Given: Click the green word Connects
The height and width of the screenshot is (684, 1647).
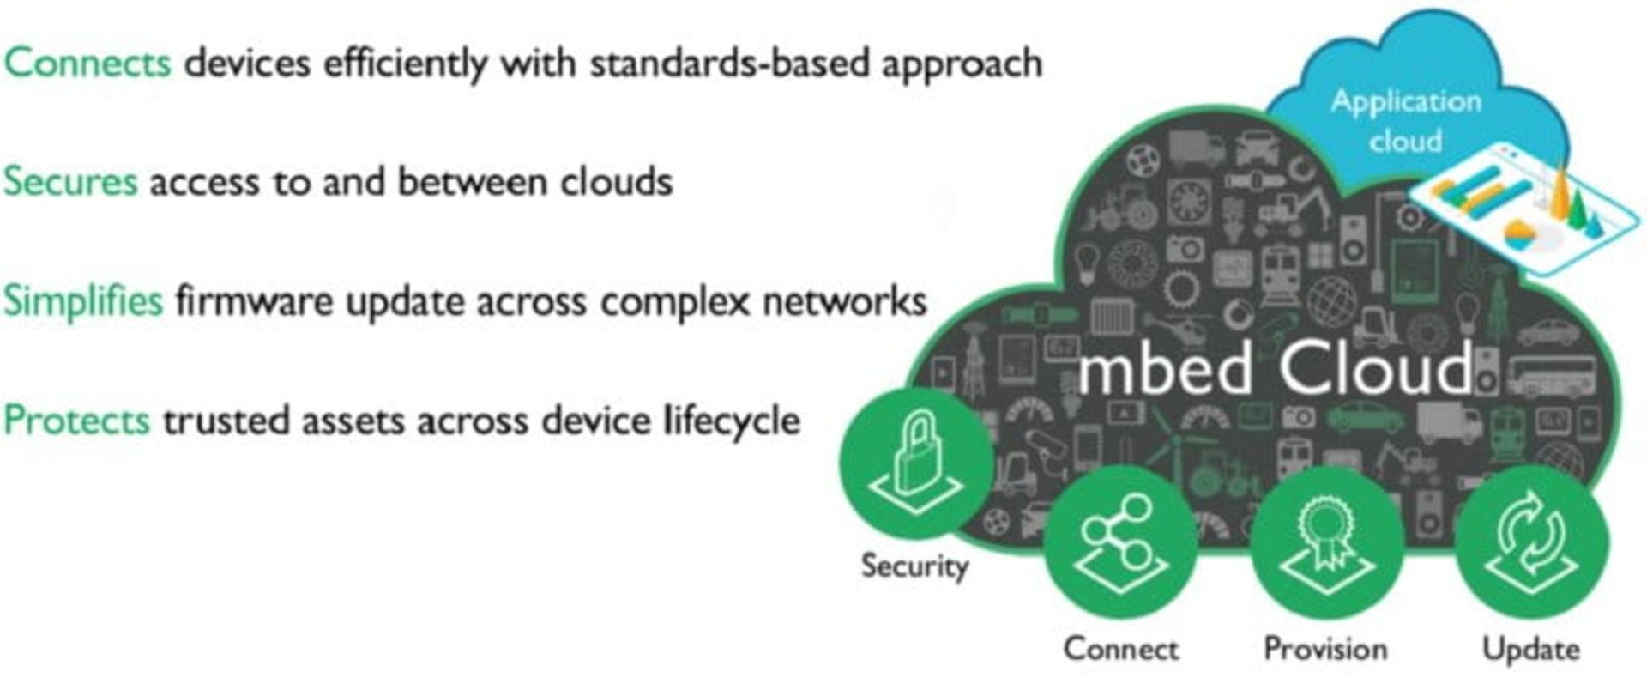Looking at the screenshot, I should (x=87, y=64).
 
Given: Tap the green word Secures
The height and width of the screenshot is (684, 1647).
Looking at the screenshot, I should (x=70, y=182).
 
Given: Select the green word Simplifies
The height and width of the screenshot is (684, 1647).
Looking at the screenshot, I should (x=82, y=301).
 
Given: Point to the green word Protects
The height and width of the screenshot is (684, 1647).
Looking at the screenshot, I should (x=77, y=421).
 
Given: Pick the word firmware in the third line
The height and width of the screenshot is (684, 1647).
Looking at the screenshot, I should (x=254, y=301).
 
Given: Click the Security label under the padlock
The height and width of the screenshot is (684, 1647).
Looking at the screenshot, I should (x=914, y=566).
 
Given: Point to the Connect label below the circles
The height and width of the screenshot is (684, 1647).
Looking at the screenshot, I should (x=1121, y=649).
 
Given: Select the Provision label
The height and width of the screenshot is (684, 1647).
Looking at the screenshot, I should (x=1325, y=649).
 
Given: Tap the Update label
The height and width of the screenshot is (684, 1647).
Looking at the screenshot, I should (x=1531, y=649).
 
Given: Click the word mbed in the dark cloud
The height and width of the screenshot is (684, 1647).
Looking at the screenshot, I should (x=1167, y=369).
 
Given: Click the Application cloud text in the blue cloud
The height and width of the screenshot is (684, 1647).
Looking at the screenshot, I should (x=1406, y=120).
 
